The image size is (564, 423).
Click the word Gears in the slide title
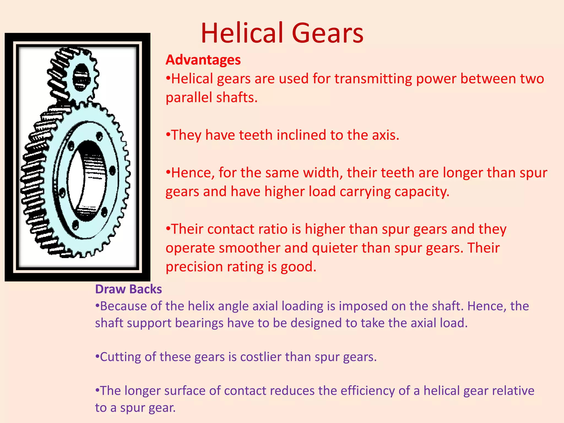click(327, 33)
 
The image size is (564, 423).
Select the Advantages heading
click(203, 60)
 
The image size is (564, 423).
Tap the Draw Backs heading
click(128, 289)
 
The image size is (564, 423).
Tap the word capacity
click(422, 192)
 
